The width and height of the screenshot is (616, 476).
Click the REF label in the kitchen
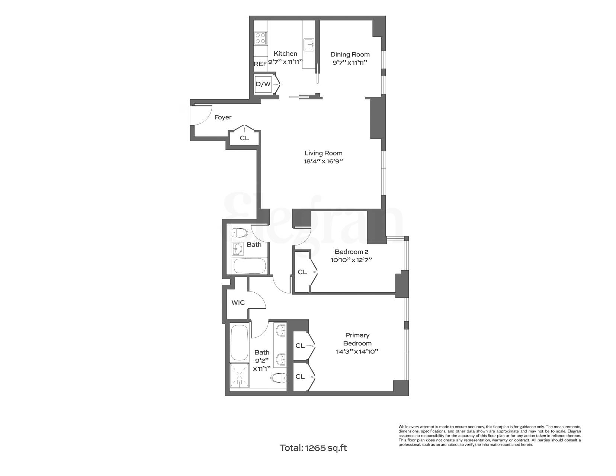pos(260,64)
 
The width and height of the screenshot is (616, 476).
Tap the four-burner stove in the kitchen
pos(260,38)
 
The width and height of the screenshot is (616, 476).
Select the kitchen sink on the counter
pos(309,45)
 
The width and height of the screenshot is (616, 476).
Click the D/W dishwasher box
pos(263,84)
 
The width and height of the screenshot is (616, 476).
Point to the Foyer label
pos(223,118)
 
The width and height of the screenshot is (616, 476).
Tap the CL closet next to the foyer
pos(244,138)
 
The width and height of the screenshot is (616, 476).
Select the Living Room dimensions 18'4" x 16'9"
pos(323,161)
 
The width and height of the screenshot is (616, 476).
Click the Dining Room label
pos(350,55)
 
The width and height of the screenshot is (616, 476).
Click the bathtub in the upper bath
pos(249,266)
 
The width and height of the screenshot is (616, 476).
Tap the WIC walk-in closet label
pos(238,303)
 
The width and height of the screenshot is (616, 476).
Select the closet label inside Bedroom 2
pos(302,272)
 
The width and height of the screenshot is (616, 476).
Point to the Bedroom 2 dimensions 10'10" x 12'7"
pos(351,260)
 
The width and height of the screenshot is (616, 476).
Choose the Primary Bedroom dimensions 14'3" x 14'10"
pos(357,351)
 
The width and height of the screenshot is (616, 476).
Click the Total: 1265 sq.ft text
pos(313,448)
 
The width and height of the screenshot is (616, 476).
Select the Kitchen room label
pos(285,54)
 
